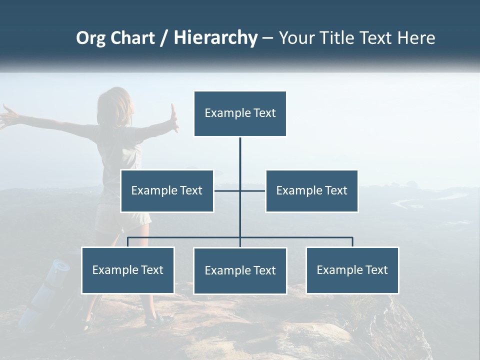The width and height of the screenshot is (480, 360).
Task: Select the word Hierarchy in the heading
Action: tap(215, 38)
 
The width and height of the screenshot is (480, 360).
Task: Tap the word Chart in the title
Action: tap(133, 38)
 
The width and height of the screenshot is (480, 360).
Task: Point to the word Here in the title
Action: tap(416, 38)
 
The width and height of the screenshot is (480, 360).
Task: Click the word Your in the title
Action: tap(295, 38)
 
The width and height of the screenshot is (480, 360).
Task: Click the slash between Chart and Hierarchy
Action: tap(164, 38)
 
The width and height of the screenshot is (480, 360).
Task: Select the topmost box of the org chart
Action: tap(240, 113)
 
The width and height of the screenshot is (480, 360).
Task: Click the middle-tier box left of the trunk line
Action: tap(167, 191)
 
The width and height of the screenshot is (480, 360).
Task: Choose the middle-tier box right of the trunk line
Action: tap(311, 191)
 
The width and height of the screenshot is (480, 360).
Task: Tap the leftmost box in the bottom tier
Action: tap(128, 270)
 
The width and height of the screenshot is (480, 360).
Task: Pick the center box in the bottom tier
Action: tap(240, 270)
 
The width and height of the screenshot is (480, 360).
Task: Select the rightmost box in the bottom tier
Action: tap(352, 270)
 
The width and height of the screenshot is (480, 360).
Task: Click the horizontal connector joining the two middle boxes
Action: tap(227, 190)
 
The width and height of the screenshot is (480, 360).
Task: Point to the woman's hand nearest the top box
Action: tap(174, 118)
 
